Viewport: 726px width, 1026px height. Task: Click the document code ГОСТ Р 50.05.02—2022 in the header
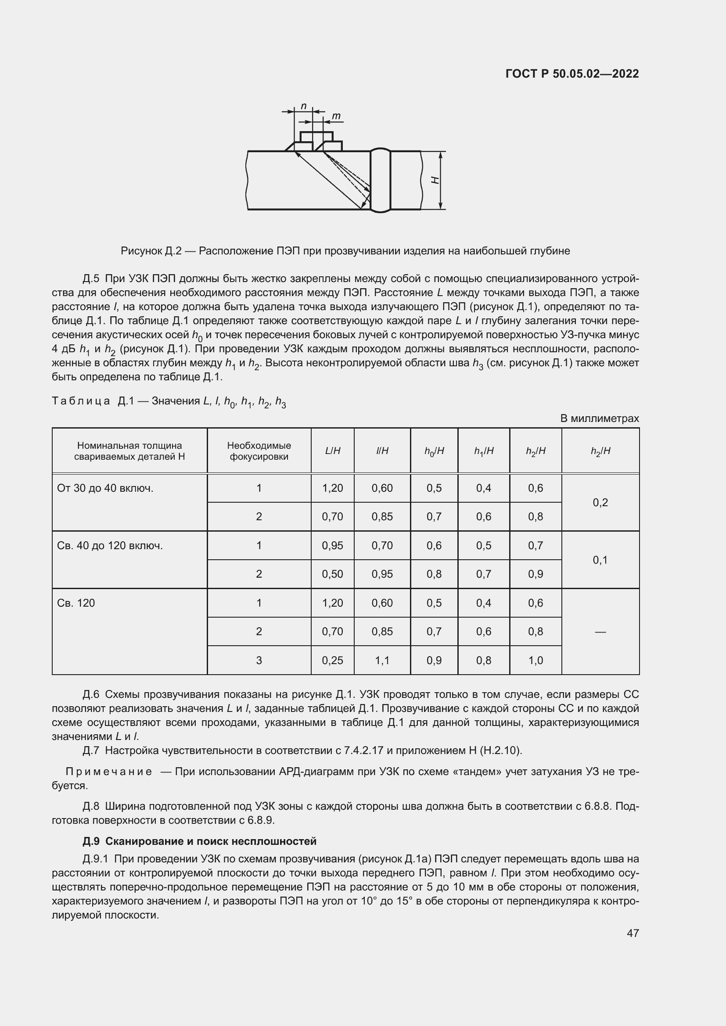[x=572, y=74]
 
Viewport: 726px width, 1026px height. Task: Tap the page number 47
[x=633, y=933]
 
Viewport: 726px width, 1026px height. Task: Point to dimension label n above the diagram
[x=304, y=106]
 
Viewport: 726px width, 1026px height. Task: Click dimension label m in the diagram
[x=336, y=116]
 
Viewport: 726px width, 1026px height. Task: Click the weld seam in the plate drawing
[x=381, y=180]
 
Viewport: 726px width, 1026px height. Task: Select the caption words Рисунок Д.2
[x=151, y=251]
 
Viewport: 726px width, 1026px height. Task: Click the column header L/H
[x=333, y=451]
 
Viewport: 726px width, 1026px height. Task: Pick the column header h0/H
[x=434, y=451]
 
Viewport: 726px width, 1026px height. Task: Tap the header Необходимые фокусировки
[x=259, y=451]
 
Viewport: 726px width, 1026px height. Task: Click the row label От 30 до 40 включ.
[x=105, y=488]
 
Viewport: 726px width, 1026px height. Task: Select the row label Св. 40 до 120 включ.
[x=110, y=545]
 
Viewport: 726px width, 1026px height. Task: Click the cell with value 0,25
[x=333, y=660]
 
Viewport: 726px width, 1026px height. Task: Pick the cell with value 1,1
[x=382, y=660]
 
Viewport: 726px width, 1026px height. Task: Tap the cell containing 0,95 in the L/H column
[x=333, y=545]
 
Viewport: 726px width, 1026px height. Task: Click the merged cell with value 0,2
[x=600, y=502]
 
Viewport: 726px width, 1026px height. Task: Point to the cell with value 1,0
[x=536, y=660]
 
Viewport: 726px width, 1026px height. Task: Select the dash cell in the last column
[x=600, y=631]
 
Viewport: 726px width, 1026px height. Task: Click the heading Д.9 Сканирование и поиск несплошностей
[x=199, y=841]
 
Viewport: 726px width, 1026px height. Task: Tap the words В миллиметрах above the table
[x=600, y=418]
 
